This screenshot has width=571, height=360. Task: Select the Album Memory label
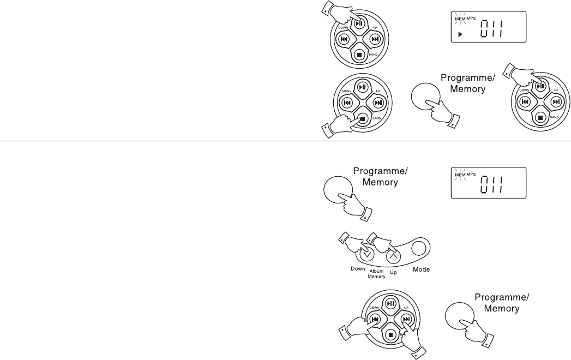[x=377, y=273]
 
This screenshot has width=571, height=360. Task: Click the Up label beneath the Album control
[x=393, y=270]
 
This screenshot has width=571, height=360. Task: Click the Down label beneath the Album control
[x=357, y=269]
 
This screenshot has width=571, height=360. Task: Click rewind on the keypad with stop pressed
[x=345, y=102]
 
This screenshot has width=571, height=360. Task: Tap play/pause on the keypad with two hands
[x=390, y=303]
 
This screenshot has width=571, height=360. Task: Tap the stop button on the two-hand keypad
[x=390, y=334]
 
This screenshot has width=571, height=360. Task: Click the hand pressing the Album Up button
[x=384, y=243]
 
